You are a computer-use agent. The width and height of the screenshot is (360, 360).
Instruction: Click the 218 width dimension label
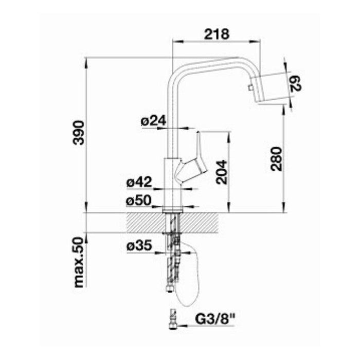point(217,34)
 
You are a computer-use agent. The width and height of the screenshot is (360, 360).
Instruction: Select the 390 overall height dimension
point(79,133)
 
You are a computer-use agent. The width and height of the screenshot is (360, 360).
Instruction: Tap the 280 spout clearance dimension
point(276,159)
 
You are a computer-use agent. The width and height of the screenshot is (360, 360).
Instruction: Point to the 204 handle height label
point(221,172)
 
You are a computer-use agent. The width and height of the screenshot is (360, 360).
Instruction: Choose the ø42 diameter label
point(139,182)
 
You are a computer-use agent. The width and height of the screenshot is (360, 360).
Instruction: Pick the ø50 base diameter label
point(139,201)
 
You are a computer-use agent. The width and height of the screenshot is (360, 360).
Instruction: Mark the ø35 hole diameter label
point(139,246)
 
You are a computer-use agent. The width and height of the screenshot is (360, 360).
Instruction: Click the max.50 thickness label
point(79,262)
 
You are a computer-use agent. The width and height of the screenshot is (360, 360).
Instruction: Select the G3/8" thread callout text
point(215,319)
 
